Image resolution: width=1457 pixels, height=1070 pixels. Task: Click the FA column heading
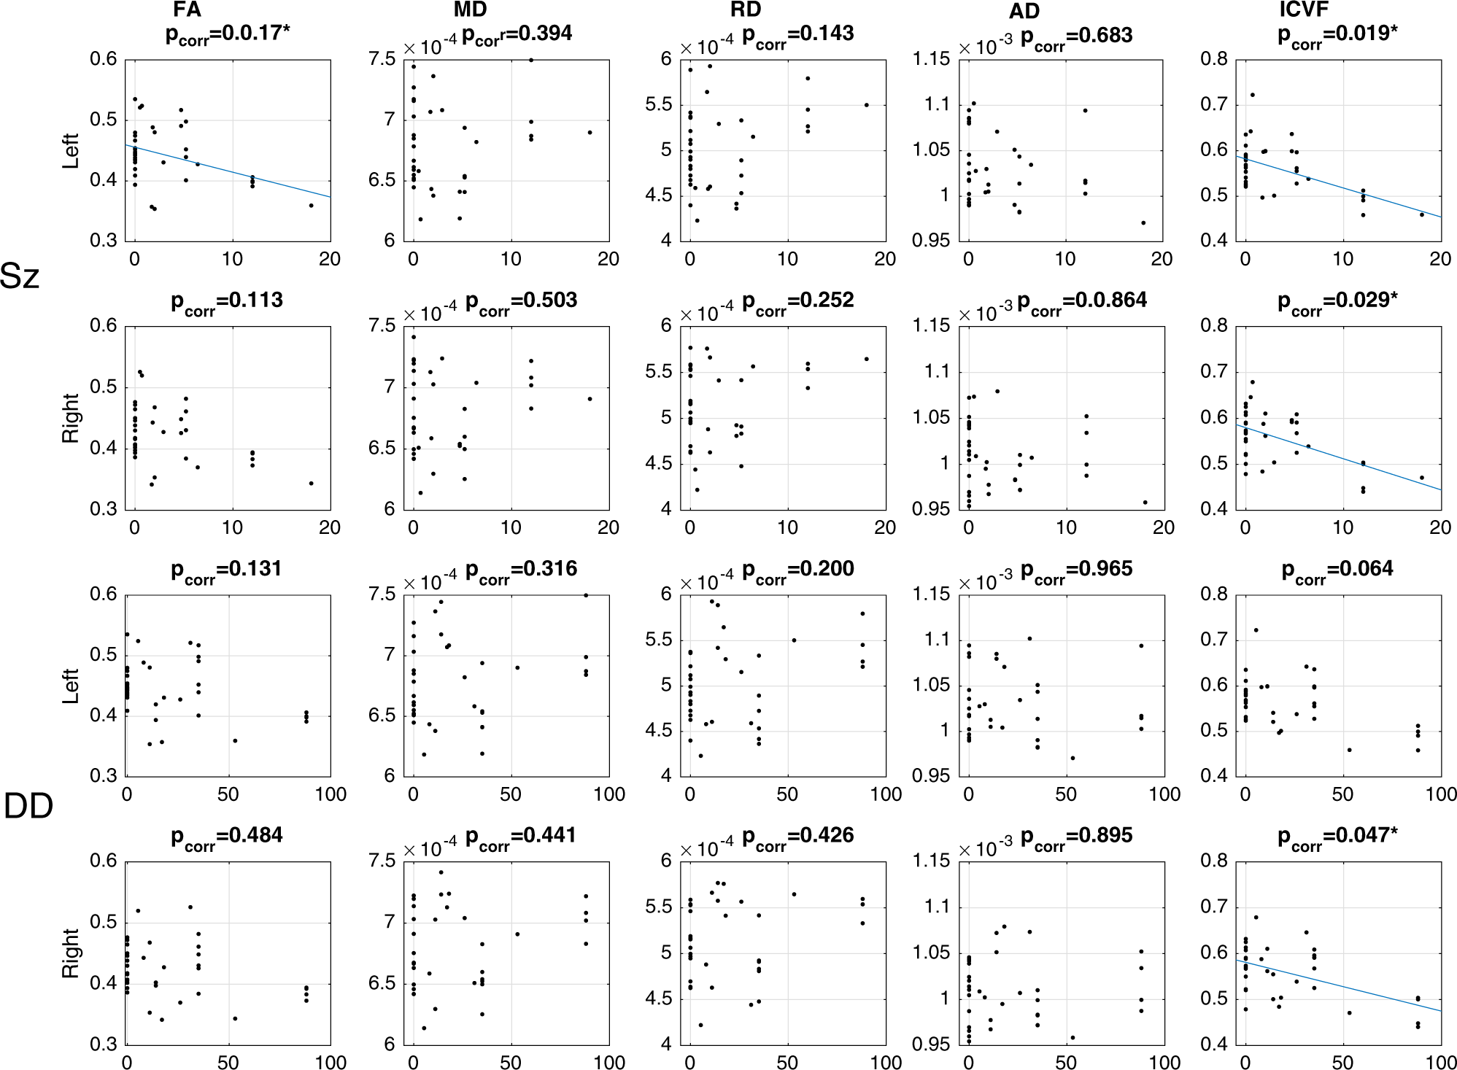(x=188, y=9)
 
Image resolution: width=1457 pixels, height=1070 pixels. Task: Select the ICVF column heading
(x=1304, y=9)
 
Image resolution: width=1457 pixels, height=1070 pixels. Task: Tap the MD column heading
(x=470, y=9)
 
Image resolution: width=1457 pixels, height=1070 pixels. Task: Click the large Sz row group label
(x=20, y=276)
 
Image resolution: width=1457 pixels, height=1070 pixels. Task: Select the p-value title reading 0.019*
(x=1337, y=35)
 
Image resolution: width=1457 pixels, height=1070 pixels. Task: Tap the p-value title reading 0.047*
(x=1337, y=837)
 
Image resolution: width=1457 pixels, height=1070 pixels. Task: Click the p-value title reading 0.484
(x=227, y=837)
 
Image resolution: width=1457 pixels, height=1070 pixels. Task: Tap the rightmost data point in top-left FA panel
(x=311, y=206)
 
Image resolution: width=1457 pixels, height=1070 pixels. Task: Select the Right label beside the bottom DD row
(x=71, y=953)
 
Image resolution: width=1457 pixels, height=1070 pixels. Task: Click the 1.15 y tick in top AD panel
(x=932, y=59)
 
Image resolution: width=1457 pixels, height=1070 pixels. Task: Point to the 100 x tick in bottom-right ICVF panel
(x=1440, y=1062)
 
